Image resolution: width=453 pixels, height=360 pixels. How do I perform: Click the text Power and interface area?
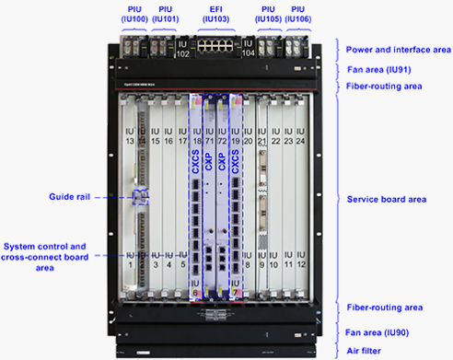tap(397, 49)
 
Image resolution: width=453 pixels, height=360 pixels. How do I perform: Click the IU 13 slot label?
tap(129, 137)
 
